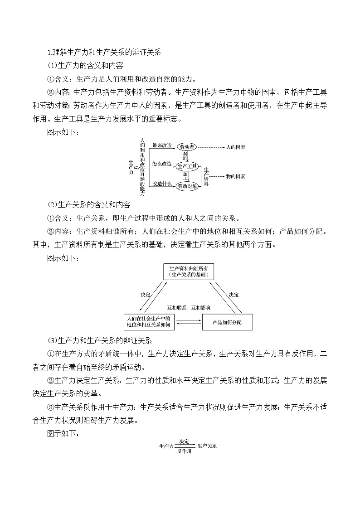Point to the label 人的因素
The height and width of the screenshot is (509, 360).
pos(236,147)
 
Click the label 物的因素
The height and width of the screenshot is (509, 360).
pos(235,176)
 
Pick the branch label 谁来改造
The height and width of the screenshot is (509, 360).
pos(162,145)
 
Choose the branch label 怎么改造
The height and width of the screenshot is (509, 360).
pos(162,164)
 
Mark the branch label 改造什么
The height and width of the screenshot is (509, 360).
pos(162,183)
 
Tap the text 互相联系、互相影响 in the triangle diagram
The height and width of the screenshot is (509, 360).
pos(189,307)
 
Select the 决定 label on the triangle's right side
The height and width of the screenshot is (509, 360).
pos(234,295)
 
